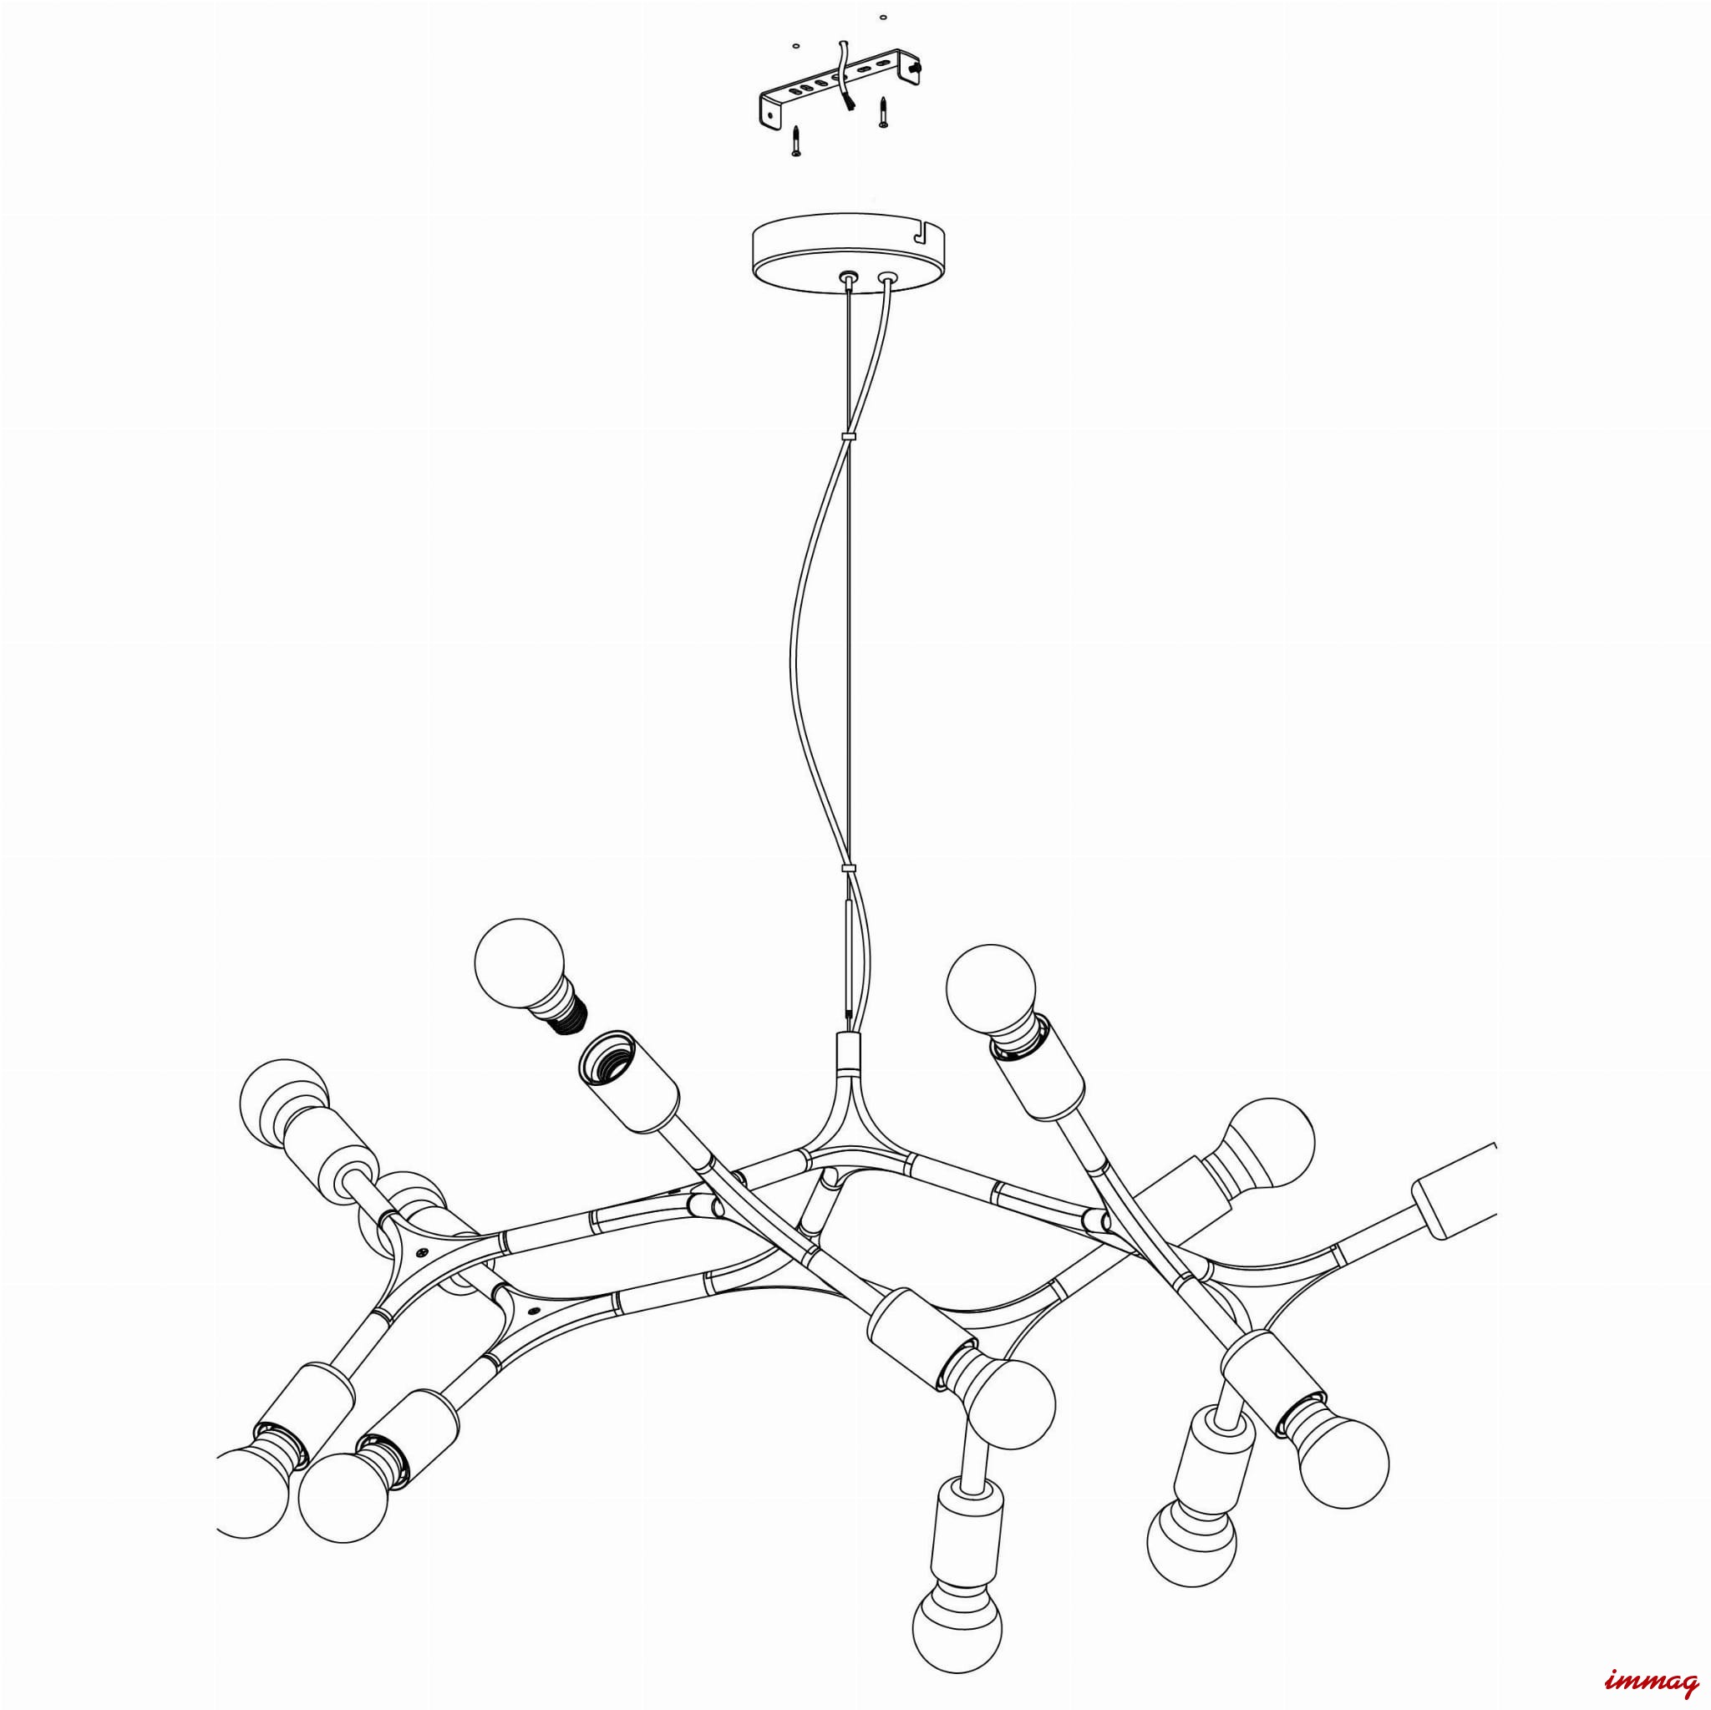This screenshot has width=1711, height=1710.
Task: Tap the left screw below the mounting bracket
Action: click(796, 141)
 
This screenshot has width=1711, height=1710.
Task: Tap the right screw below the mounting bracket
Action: click(882, 113)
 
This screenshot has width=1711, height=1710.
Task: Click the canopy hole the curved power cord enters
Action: click(886, 279)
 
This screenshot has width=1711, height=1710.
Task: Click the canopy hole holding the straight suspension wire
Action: click(850, 278)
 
